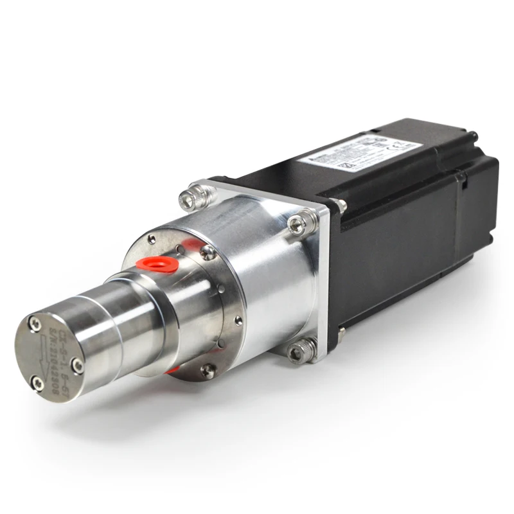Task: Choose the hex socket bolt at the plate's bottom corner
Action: pos(302,348)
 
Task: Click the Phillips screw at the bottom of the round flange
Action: pos(206,369)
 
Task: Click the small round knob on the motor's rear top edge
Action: pos(474,136)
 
